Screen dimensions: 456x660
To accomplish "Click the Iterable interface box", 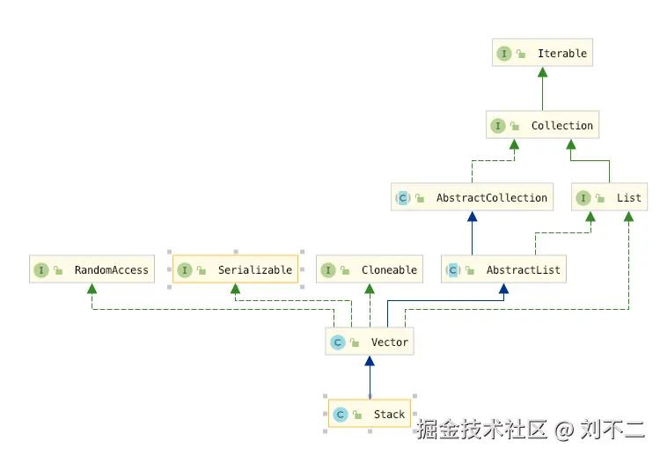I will (541, 54).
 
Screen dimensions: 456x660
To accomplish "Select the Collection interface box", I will (543, 126).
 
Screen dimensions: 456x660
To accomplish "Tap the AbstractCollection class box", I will (473, 198).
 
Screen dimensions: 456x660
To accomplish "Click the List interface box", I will (609, 198).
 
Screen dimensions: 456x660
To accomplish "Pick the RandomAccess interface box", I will (92, 270).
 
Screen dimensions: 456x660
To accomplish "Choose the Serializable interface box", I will (236, 270).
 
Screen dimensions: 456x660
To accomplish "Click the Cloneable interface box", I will (370, 270).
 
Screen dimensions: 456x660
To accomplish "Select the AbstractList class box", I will (503, 270).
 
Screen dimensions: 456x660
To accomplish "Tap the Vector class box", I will (370, 342).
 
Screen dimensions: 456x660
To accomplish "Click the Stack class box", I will (370, 415).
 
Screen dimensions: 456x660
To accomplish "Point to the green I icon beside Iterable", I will (504, 54).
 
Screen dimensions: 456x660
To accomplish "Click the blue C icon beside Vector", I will (337, 342).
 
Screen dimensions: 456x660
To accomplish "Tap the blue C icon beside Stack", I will (340, 415).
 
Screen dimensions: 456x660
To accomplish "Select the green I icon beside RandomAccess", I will (40, 270).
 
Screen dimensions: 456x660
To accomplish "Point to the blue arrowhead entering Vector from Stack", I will (370, 362).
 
